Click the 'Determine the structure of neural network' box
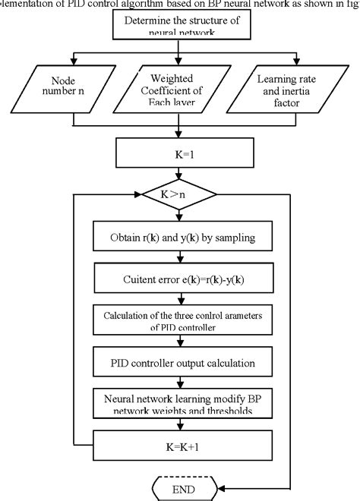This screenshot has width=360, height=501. [x=180, y=27]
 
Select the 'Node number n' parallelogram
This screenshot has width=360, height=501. [x=73, y=90]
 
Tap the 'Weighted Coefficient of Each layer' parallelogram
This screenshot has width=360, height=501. [x=180, y=90]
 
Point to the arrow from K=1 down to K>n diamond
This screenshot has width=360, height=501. [x=180, y=181]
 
